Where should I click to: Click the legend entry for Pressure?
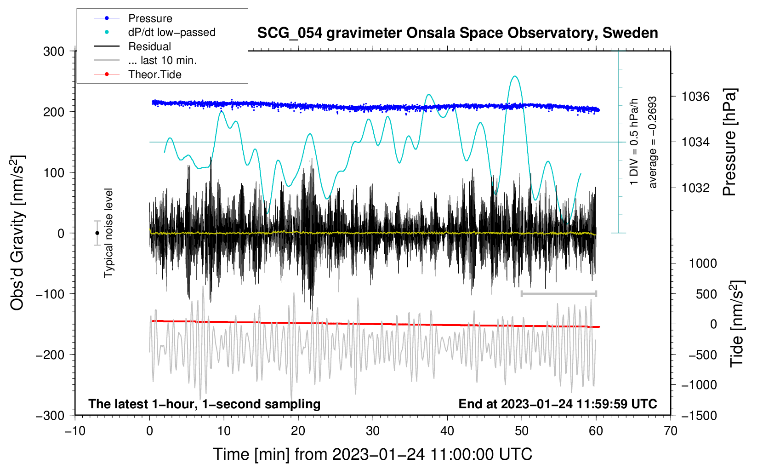(x=150, y=18)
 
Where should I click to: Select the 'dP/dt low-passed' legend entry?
(x=171, y=32)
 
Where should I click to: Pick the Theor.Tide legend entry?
(x=154, y=74)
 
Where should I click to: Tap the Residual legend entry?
(x=149, y=46)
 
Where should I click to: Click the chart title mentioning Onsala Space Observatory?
(x=457, y=33)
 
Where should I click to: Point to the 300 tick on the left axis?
(x=54, y=51)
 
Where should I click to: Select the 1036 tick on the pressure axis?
(x=695, y=97)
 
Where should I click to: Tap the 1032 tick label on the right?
(x=695, y=188)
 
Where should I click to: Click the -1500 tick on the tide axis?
(x=699, y=415)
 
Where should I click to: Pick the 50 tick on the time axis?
(x=522, y=431)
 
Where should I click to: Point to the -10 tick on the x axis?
(x=75, y=431)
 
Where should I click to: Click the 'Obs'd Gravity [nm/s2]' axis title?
(x=17, y=233)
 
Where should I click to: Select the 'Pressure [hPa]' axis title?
(x=729, y=142)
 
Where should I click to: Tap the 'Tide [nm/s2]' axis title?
(x=737, y=324)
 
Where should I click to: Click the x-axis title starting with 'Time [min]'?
(x=372, y=454)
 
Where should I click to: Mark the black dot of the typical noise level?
(x=97, y=233)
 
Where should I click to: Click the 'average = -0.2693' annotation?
(x=652, y=142)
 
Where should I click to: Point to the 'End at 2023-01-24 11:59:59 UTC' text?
(x=558, y=404)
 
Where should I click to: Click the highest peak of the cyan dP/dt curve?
(x=515, y=76)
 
